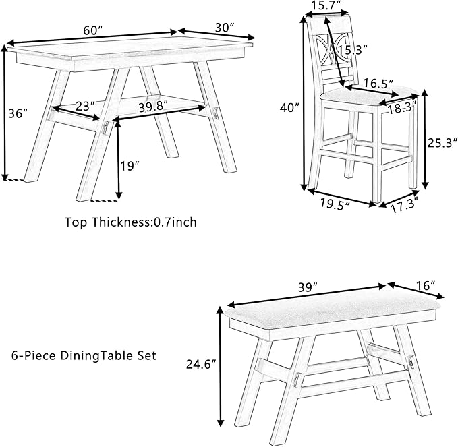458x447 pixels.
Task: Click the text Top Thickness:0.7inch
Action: [131, 221]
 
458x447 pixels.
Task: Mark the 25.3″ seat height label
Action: [442, 142]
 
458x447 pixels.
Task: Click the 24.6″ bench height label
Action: [200, 365]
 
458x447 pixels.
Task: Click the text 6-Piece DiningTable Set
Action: [84, 355]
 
